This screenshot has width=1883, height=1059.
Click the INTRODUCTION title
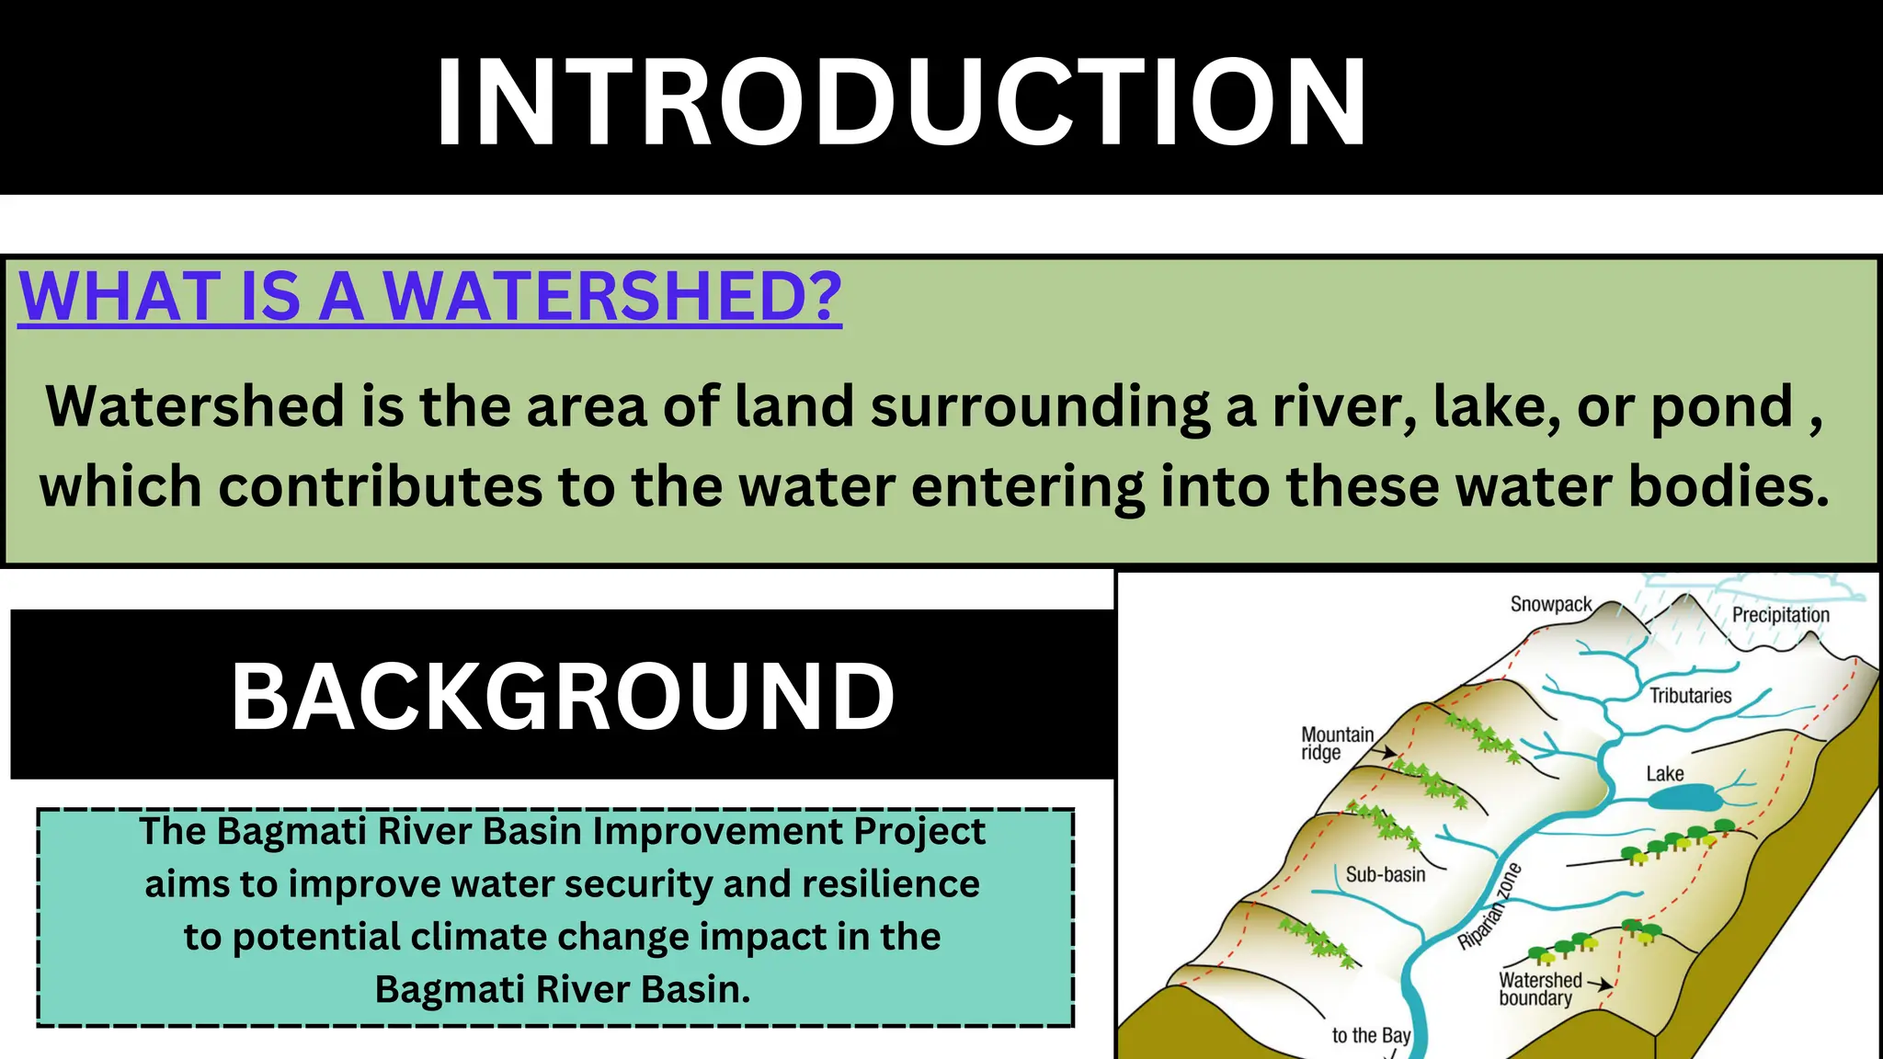tap(901, 103)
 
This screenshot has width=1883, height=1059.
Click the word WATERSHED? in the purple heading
tap(611, 297)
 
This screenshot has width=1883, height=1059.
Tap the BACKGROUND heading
tap(563, 697)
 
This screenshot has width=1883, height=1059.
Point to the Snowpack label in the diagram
tap(1550, 604)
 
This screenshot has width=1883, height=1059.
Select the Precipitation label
tap(1780, 615)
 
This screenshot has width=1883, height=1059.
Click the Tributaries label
tap(1690, 696)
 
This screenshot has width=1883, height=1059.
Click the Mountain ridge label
tap(1336, 744)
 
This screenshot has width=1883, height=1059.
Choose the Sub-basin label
tap(1385, 874)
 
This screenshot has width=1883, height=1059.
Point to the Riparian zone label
tap(1489, 906)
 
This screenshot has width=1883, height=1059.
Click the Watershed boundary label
tap(1540, 989)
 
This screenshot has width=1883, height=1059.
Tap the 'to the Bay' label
tap(1370, 1036)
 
